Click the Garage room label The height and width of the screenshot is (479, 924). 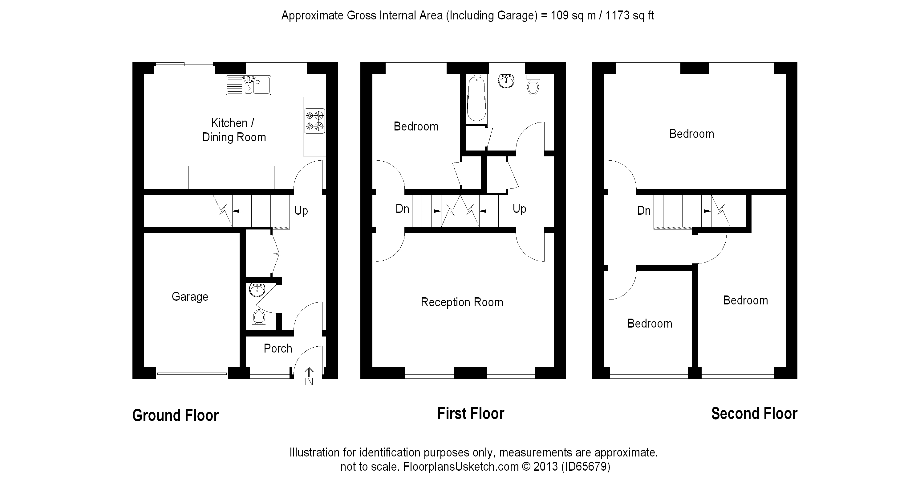(190, 297)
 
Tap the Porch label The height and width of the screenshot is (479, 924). (278, 348)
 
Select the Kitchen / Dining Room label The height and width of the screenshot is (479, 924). (234, 130)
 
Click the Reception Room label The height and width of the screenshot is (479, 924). (462, 302)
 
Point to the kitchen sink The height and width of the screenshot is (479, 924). (248, 85)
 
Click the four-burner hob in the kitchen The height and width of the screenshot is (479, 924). (314, 121)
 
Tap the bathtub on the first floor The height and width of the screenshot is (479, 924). (477, 98)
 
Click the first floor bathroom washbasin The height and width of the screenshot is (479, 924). (506, 81)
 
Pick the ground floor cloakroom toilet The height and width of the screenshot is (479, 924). (259, 320)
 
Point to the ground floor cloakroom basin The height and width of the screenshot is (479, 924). (257, 289)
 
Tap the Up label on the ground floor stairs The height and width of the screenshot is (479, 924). (301, 211)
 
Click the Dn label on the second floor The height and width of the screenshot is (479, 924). (644, 210)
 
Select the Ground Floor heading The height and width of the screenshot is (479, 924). (175, 415)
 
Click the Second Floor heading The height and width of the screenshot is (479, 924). (754, 414)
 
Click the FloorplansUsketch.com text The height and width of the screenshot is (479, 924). (461, 466)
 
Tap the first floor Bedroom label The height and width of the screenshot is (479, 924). (416, 126)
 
